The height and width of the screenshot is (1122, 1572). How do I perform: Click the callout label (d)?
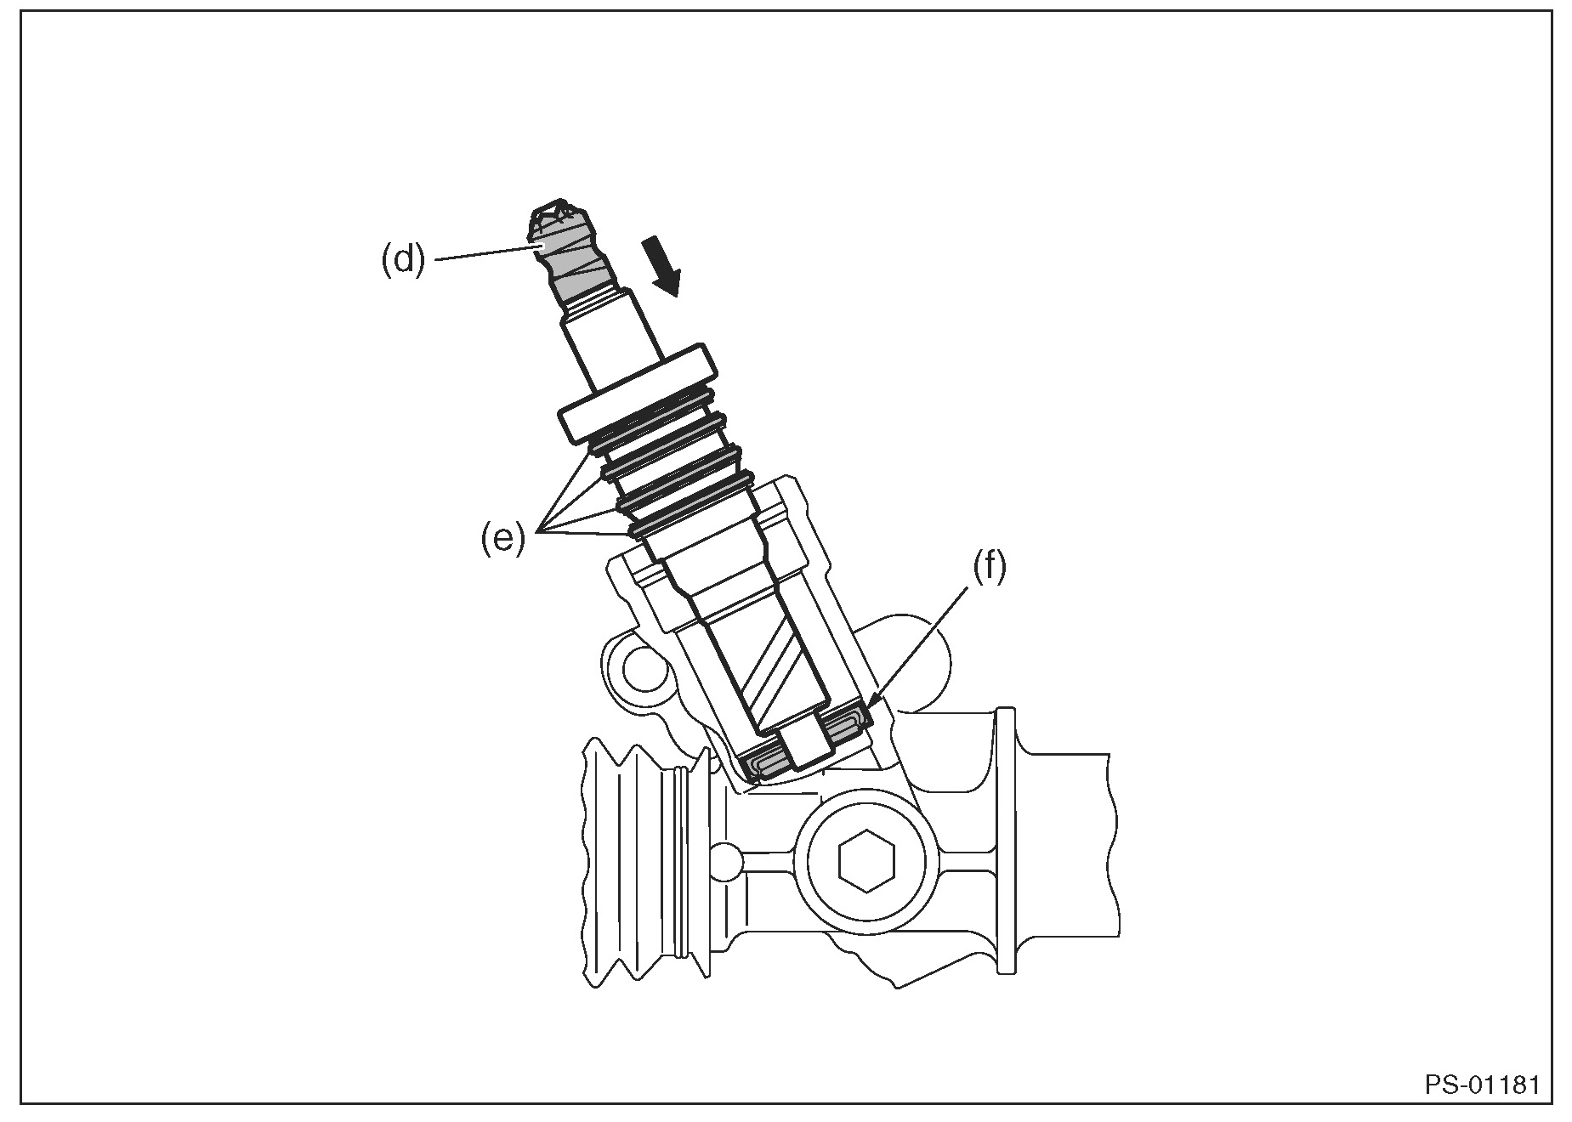click(402, 258)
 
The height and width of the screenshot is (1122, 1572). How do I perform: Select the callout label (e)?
click(502, 539)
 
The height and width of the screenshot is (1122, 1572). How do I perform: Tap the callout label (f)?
click(989, 568)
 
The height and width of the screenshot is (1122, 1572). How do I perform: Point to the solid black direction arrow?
click(662, 266)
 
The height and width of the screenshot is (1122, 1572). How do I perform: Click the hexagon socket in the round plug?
click(865, 860)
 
